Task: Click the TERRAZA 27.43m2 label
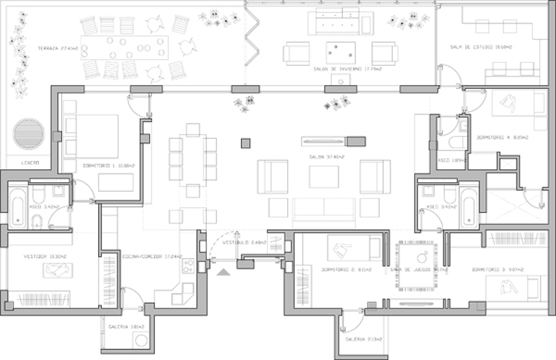(57, 48)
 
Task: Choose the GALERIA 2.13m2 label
(363, 339)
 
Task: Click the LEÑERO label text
(29, 163)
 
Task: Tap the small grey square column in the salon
(246, 143)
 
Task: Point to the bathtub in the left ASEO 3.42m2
(17, 208)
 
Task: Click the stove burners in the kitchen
(188, 266)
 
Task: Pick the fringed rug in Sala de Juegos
(419, 266)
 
